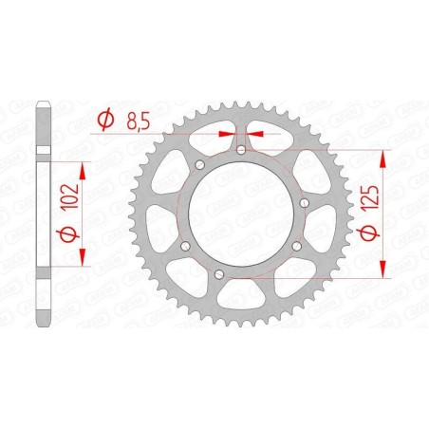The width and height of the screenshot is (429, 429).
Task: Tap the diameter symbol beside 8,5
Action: (106, 120)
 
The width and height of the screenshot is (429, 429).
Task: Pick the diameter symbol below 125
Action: (371, 232)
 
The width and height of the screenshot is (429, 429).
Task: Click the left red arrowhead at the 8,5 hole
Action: (229, 135)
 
